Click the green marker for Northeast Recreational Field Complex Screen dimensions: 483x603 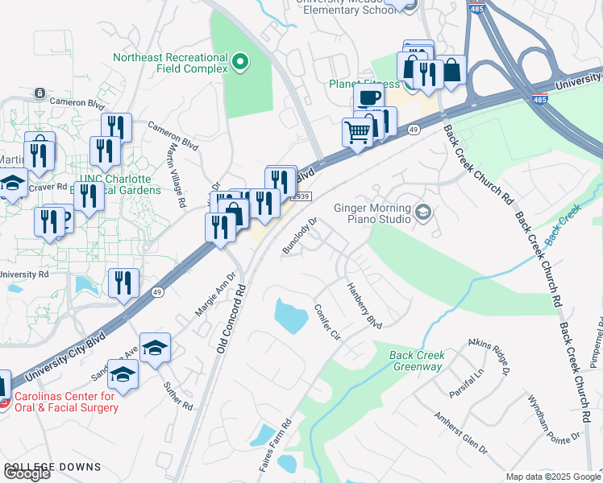pos(239,62)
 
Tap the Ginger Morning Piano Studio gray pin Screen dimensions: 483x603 pos(423,213)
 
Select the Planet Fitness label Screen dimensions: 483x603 pos(364,84)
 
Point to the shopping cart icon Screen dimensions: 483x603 pos(357,131)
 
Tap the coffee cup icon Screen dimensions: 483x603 pos(368,97)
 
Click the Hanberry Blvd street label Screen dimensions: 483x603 pos(364,304)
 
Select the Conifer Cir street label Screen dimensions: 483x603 pos(329,321)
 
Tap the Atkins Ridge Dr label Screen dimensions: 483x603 pos(489,357)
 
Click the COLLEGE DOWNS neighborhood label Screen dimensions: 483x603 pos(52,467)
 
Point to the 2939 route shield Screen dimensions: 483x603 pos(301,196)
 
